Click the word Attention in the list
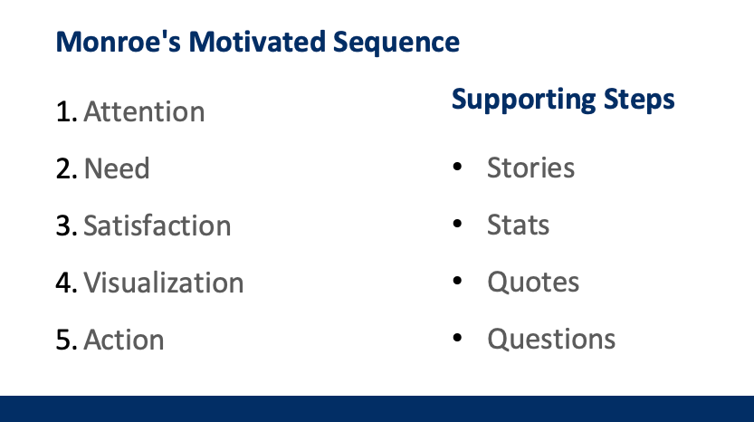[x=144, y=112]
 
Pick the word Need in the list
[x=117, y=169]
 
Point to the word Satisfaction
[x=157, y=225]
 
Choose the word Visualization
[x=164, y=283]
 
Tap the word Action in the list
[x=124, y=340]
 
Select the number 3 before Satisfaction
[x=64, y=225]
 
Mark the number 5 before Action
[x=64, y=340]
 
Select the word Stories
[x=530, y=168]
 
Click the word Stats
[x=518, y=225]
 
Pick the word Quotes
[x=533, y=282]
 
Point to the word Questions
[x=551, y=339]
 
